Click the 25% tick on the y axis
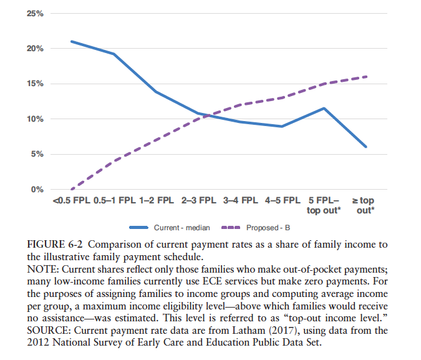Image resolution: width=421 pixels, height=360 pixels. pyautogui.click(x=34, y=13)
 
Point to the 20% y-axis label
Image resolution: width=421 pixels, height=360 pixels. pyautogui.click(x=34, y=49)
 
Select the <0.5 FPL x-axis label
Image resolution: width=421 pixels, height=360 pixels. pyautogui.click(x=72, y=201)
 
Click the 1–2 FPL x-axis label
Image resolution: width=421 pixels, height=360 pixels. pyautogui.click(x=156, y=201)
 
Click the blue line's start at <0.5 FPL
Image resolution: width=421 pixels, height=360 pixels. pyautogui.click(x=72, y=42)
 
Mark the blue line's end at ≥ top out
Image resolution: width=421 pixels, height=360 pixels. pyautogui.click(x=365, y=147)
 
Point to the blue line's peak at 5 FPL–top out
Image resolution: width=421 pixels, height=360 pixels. pyautogui.click(x=324, y=109)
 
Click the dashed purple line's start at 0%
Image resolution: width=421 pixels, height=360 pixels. pyautogui.click(x=72, y=189)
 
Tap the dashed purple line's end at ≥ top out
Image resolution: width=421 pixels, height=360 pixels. pyautogui.click(x=365, y=77)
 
